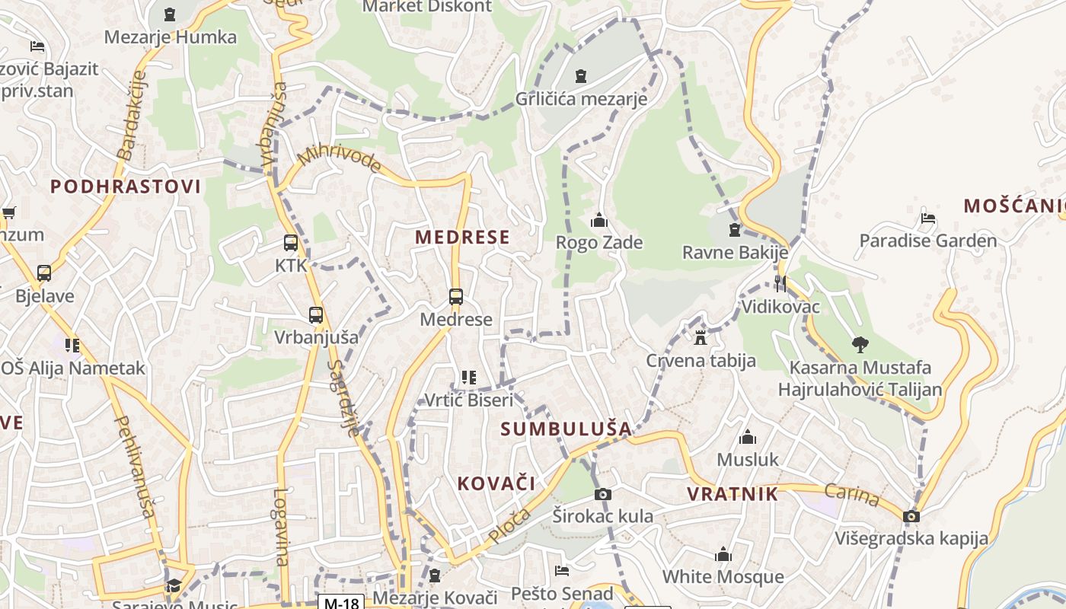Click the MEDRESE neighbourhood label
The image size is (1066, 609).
(462, 237)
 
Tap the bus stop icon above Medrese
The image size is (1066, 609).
(456, 297)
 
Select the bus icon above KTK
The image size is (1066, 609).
(291, 243)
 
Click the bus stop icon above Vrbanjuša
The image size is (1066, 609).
(316, 314)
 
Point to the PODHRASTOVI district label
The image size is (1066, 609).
(126, 187)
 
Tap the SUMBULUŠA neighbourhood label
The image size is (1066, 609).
(566, 429)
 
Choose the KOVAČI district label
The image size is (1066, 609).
(496, 483)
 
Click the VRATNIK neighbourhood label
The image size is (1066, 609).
(732, 494)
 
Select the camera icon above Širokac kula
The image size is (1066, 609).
(602, 495)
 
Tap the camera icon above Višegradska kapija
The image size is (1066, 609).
(911, 517)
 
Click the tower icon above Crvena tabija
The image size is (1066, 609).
(701, 337)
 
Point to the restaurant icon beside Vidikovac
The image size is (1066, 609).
(780, 284)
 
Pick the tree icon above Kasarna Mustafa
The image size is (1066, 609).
(860, 345)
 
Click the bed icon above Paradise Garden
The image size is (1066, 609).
(927, 218)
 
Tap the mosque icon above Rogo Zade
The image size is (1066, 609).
(599, 221)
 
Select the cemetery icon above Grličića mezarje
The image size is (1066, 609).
(581, 76)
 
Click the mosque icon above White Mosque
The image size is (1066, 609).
(723, 554)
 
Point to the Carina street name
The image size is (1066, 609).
(852, 496)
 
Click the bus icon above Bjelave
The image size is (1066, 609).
(44, 273)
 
